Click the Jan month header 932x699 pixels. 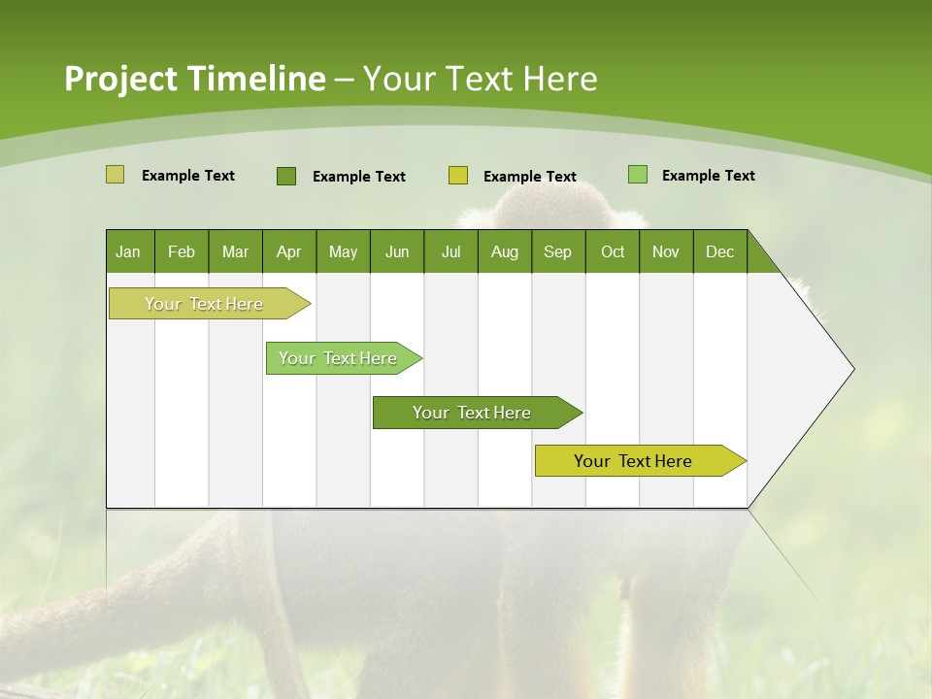click(x=128, y=251)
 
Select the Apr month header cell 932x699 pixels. click(x=288, y=251)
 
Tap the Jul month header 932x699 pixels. click(x=450, y=251)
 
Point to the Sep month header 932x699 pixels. click(x=557, y=251)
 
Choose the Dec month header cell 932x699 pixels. click(x=719, y=251)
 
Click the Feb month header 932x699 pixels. click(x=182, y=251)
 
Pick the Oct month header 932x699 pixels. click(x=613, y=251)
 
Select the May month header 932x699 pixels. click(x=343, y=251)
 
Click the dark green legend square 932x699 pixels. click(x=286, y=176)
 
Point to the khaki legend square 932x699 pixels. click(x=115, y=175)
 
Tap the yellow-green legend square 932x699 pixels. click(x=458, y=176)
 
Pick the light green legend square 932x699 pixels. click(x=638, y=175)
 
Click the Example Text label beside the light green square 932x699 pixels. click(x=708, y=176)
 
